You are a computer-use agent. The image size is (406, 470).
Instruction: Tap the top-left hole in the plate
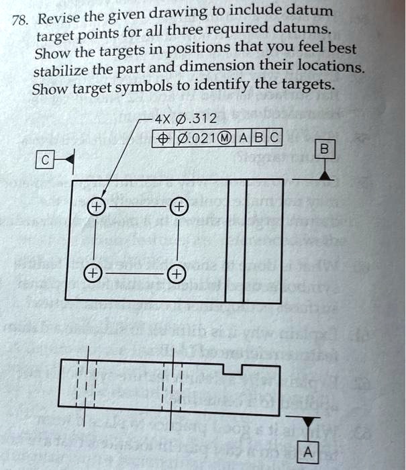click(97, 205)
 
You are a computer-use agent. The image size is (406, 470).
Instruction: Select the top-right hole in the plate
click(179, 205)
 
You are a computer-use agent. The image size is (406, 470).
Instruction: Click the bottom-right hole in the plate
click(174, 274)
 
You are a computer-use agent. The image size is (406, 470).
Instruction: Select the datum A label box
click(307, 453)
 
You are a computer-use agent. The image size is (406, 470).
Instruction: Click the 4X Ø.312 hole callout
click(185, 121)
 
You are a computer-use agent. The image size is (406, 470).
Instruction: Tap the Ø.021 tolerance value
click(195, 140)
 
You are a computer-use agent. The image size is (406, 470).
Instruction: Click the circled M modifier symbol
click(228, 140)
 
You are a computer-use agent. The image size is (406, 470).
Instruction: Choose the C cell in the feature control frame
click(274, 140)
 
